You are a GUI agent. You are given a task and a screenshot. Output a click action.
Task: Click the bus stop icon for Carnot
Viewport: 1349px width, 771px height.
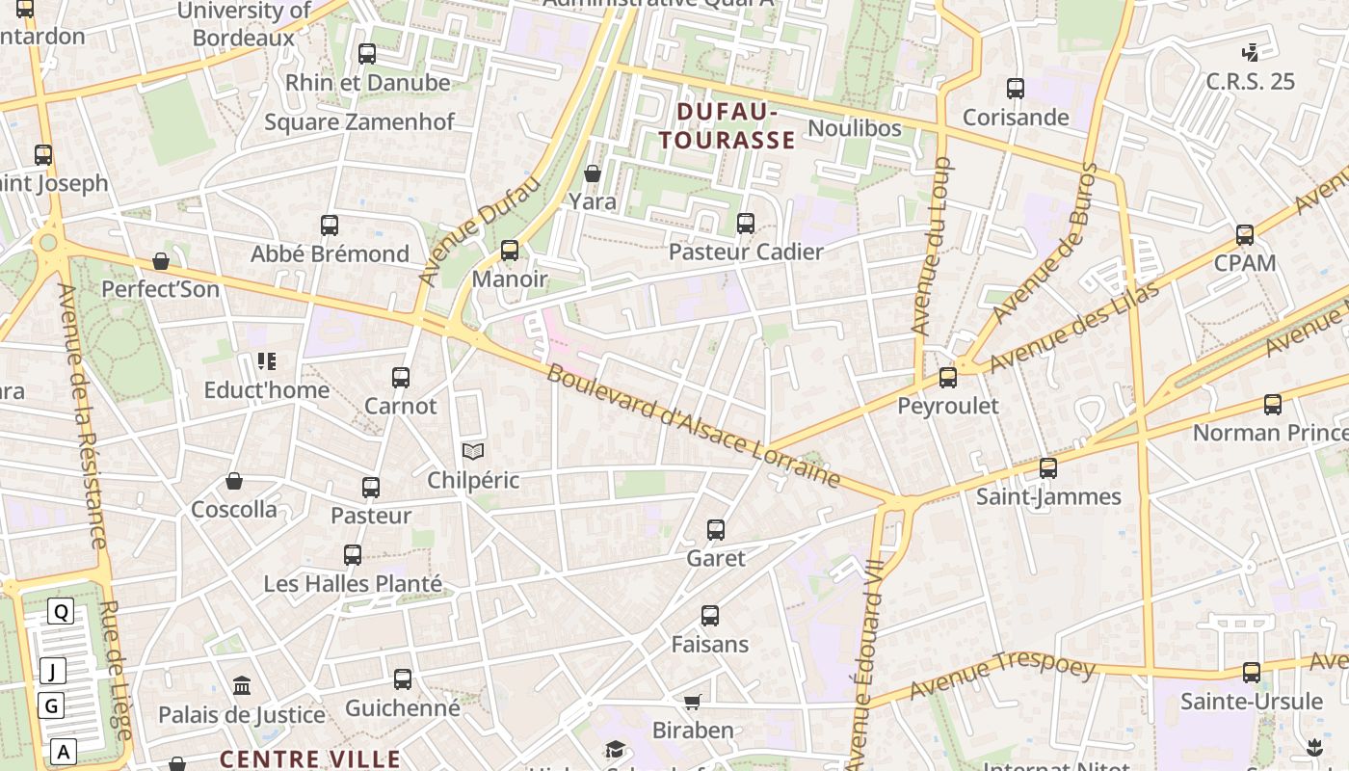(x=401, y=378)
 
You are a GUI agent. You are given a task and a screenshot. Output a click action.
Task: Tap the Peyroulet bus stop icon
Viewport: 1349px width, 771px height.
(x=948, y=378)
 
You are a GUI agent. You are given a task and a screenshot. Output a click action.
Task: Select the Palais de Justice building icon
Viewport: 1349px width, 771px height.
(x=242, y=686)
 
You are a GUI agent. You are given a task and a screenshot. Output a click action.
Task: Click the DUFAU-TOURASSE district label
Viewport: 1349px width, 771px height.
(x=727, y=126)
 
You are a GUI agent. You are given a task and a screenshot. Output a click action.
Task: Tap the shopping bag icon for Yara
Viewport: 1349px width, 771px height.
(x=593, y=173)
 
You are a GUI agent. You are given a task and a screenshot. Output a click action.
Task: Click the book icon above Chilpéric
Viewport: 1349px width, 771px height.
(x=472, y=451)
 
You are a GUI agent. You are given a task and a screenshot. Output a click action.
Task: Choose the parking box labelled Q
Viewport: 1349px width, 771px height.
(x=61, y=611)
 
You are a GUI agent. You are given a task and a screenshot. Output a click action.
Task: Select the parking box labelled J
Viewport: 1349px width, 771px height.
(x=52, y=671)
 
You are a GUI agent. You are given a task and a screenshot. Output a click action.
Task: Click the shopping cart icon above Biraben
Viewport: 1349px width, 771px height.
(x=692, y=702)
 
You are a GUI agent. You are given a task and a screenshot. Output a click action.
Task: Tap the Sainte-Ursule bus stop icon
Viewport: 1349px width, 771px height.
(x=1252, y=673)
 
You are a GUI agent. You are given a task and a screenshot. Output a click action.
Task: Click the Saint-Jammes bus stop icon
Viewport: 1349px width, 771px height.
(x=1048, y=468)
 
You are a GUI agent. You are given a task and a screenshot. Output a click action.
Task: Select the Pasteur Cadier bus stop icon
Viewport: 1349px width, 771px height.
(x=746, y=224)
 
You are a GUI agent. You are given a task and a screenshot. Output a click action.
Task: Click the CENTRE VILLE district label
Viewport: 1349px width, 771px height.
(x=310, y=758)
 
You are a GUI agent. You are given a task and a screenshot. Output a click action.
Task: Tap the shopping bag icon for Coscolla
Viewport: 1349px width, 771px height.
(x=233, y=481)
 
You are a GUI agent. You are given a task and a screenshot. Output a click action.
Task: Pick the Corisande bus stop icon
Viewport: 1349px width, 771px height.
(x=1016, y=89)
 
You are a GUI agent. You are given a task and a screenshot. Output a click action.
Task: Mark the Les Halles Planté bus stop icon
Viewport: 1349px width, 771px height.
(x=353, y=555)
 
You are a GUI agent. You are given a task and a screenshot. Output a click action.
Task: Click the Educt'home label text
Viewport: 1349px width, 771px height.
(x=267, y=390)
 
